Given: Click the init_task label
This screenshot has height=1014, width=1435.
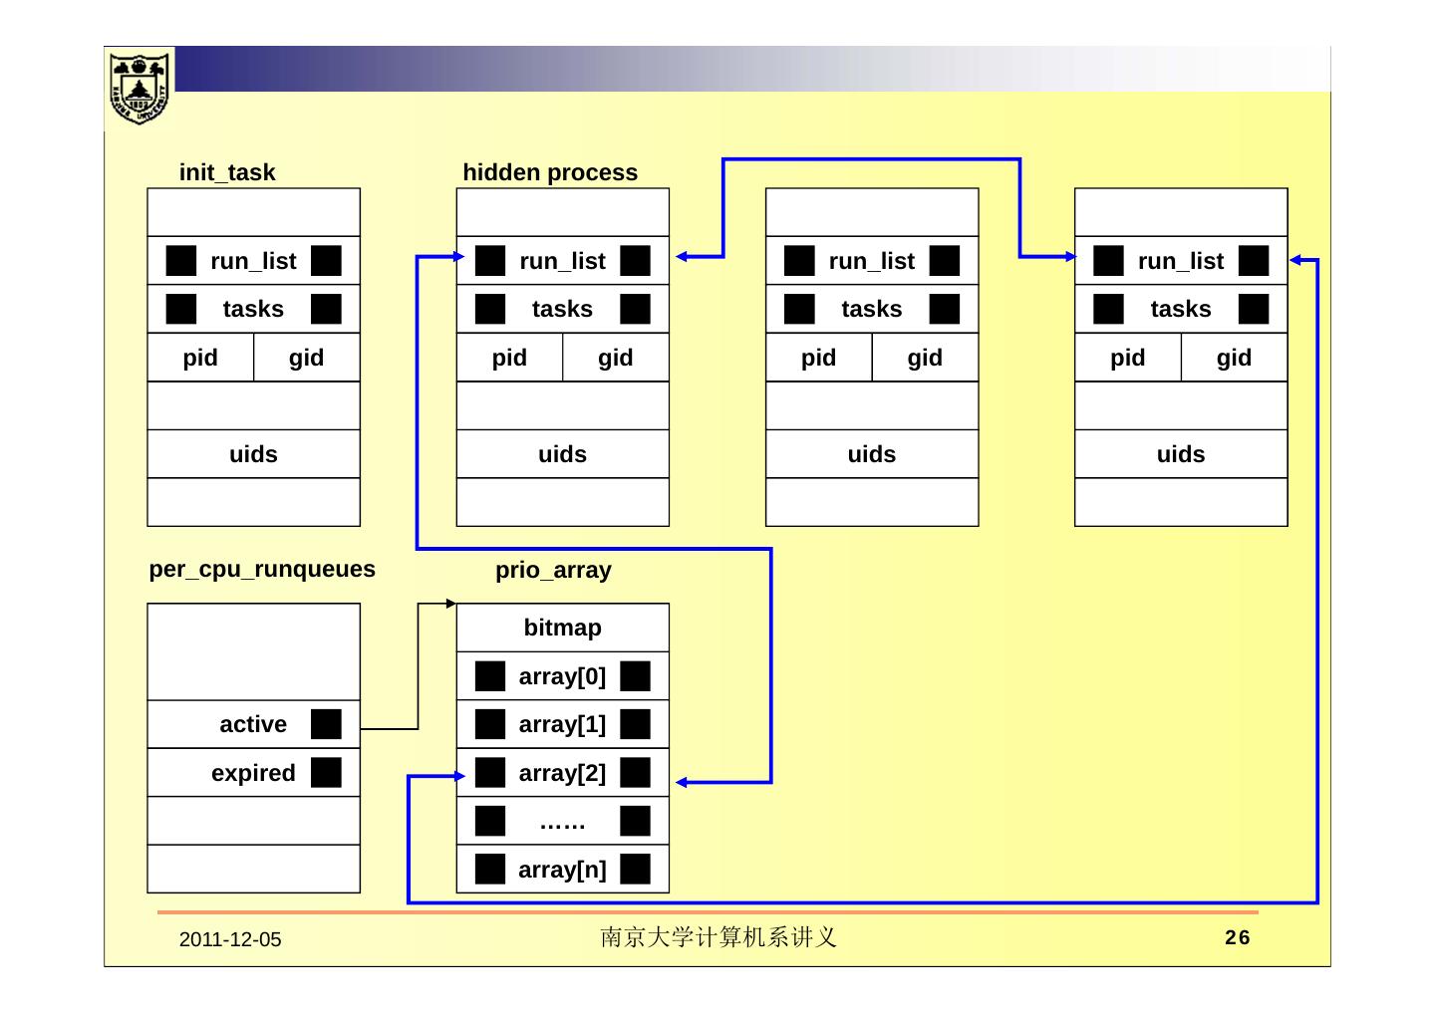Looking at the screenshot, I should pyautogui.click(x=227, y=172).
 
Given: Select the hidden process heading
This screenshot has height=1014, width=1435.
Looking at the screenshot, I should pyautogui.click(x=550, y=172).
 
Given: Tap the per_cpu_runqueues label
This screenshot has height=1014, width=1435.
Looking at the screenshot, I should pyautogui.click(x=262, y=569).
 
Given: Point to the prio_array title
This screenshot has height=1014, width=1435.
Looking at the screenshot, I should pyautogui.click(x=553, y=570).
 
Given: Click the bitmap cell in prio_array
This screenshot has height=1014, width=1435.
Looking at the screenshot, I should pyautogui.click(x=562, y=628).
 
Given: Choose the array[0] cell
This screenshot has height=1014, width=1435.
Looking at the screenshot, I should pyautogui.click(x=562, y=676).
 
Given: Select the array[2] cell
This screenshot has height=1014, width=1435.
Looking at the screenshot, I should pyautogui.click(x=562, y=773).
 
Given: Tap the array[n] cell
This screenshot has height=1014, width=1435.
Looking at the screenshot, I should pyautogui.click(x=562, y=870).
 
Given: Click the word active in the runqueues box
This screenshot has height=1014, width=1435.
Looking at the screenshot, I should pyautogui.click(x=253, y=724).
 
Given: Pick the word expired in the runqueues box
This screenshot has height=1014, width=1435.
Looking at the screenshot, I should pyautogui.click(x=253, y=773).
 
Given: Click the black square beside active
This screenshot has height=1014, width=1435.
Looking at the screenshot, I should pyautogui.click(x=326, y=724).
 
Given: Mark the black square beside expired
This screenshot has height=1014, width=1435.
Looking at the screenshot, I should pyautogui.click(x=326, y=773).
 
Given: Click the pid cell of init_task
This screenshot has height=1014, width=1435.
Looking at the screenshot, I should pyautogui.click(x=200, y=358).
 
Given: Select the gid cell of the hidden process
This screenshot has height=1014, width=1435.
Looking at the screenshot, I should pyautogui.click(x=616, y=358).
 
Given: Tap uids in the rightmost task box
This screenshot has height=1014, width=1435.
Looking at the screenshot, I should pyautogui.click(x=1181, y=454).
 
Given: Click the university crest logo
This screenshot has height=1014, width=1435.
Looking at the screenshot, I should pyautogui.click(x=140, y=88).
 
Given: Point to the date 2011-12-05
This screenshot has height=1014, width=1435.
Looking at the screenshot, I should pyautogui.click(x=230, y=939).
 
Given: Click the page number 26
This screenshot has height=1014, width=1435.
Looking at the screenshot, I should pyautogui.click(x=1238, y=937).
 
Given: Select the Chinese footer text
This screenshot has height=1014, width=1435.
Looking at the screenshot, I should pyautogui.click(x=717, y=937).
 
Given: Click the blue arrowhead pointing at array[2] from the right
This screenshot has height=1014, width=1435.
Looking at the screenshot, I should pyautogui.click(x=683, y=783).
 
